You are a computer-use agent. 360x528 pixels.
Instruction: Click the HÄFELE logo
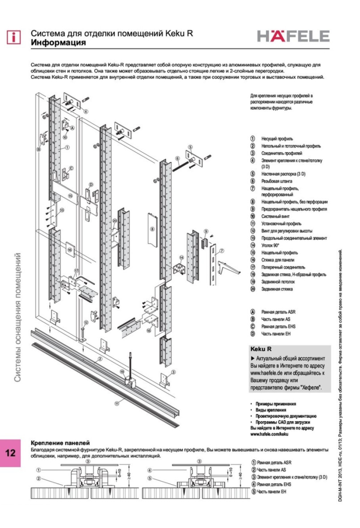(x=293, y=36)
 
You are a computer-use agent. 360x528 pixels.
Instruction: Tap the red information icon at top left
(x=13, y=37)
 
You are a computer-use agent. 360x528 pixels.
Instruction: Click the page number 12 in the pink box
(x=10, y=452)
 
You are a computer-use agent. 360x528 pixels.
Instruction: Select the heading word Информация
(x=58, y=43)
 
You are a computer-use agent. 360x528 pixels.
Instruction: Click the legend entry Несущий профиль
(x=277, y=139)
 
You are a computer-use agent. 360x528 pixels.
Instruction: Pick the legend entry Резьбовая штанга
(x=276, y=181)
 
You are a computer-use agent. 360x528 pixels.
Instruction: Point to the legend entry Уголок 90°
(x=270, y=245)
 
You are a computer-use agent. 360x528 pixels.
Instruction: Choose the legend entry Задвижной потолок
(x=278, y=282)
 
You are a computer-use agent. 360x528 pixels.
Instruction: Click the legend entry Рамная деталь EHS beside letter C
(x=278, y=326)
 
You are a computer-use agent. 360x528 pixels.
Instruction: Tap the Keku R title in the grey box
(x=261, y=349)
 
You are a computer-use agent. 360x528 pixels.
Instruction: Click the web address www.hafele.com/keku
(x=269, y=434)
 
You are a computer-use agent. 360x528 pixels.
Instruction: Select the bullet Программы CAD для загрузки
(x=283, y=422)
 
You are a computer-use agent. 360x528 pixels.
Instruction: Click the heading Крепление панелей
(x=60, y=443)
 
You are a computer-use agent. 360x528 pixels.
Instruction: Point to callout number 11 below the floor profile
(x=117, y=403)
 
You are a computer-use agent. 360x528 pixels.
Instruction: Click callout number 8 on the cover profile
(x=152, y=229)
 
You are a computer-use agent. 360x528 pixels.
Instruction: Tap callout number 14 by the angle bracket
(x=181, y=257)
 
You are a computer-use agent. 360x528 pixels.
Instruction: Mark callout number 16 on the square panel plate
(x=70, y=250)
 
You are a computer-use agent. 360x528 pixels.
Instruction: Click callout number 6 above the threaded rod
(x=177, y=158)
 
